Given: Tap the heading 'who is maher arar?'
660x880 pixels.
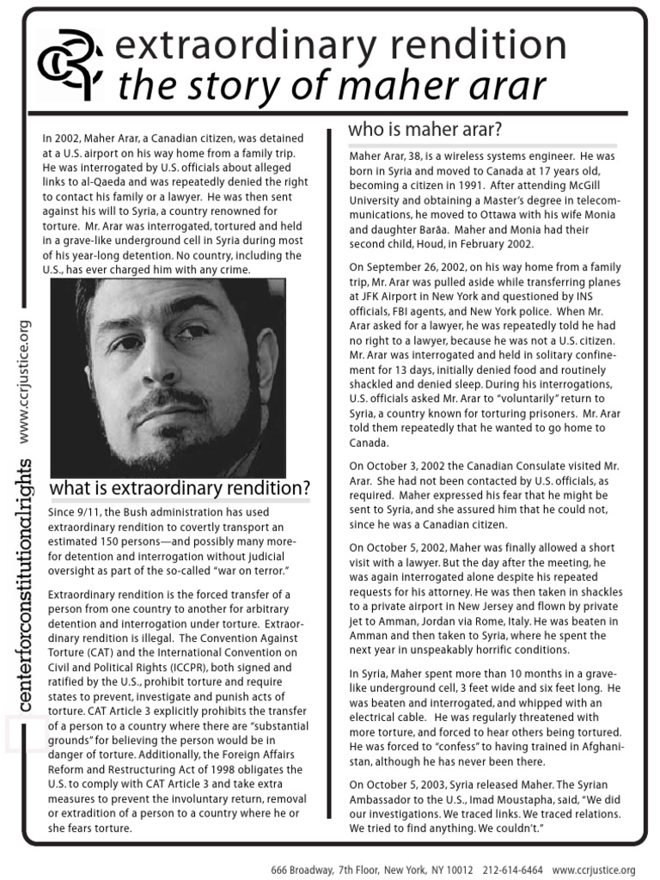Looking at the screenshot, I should point(425,130).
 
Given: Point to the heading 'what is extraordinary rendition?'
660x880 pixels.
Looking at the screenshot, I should point(180,489).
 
